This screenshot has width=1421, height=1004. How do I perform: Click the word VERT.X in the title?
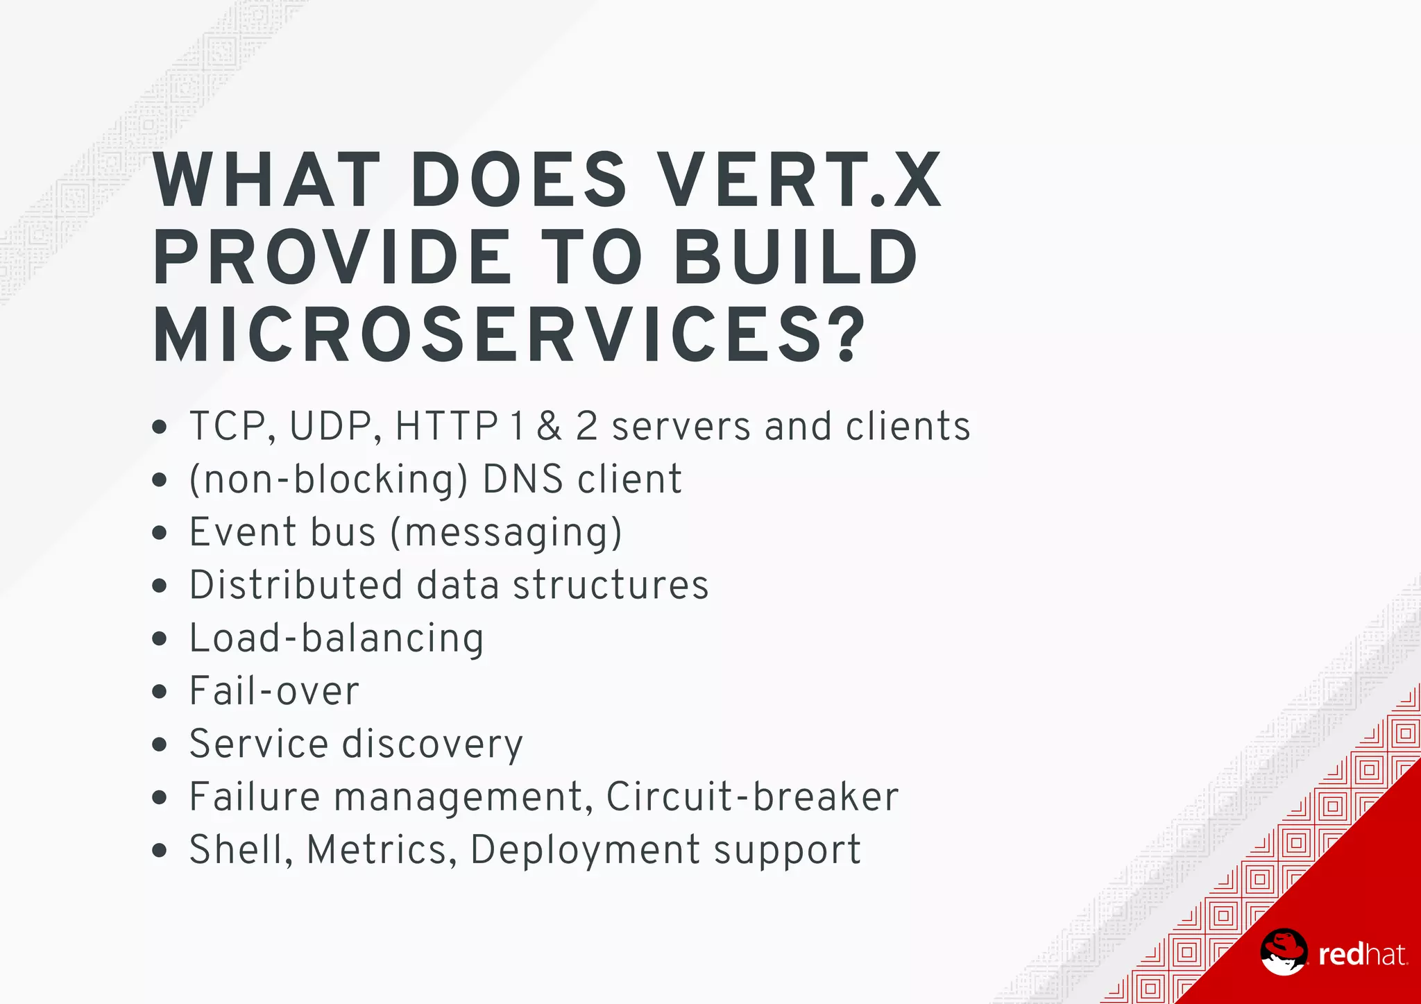click(x=800, y=180)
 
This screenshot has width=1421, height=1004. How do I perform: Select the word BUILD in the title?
click(x=797, y=258)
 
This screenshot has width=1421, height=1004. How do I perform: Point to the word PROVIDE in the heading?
click(x=332, y=258)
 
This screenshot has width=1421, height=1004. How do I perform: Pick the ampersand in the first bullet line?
click(x=549, y=426)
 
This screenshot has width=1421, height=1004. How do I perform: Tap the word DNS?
click(x=522, y=479)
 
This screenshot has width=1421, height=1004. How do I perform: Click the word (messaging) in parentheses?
click(x=507, y=533)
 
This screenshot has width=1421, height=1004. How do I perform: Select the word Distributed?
click(x=296, y=585)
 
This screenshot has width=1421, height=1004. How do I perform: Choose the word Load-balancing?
click(x=337, y=638)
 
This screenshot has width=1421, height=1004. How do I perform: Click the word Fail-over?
click(x=274, y=691)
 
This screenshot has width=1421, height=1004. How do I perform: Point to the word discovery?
click(x=433, y=745)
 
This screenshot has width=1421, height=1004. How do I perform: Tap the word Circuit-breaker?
click(x=752, y=797)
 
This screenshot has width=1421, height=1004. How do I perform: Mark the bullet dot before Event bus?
click(x=160, y=533)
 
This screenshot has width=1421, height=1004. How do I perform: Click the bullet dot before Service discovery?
click(x=160, y=745)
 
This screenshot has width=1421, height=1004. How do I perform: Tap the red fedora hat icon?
click(x=1283, y=951)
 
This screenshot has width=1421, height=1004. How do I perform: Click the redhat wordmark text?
click(x=1362, y=955)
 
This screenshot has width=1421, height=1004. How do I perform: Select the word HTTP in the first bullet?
click(x=446, y=426)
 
